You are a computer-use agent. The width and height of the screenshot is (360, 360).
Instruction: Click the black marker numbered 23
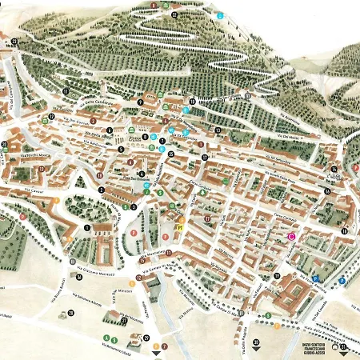[14, 41]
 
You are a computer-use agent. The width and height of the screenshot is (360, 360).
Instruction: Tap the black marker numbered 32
[174, 14]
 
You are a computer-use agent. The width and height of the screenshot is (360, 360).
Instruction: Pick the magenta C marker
[291, 236]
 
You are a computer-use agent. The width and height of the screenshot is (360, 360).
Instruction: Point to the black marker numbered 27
[124, 321]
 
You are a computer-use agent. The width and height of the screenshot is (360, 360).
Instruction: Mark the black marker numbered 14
[334, 169]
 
